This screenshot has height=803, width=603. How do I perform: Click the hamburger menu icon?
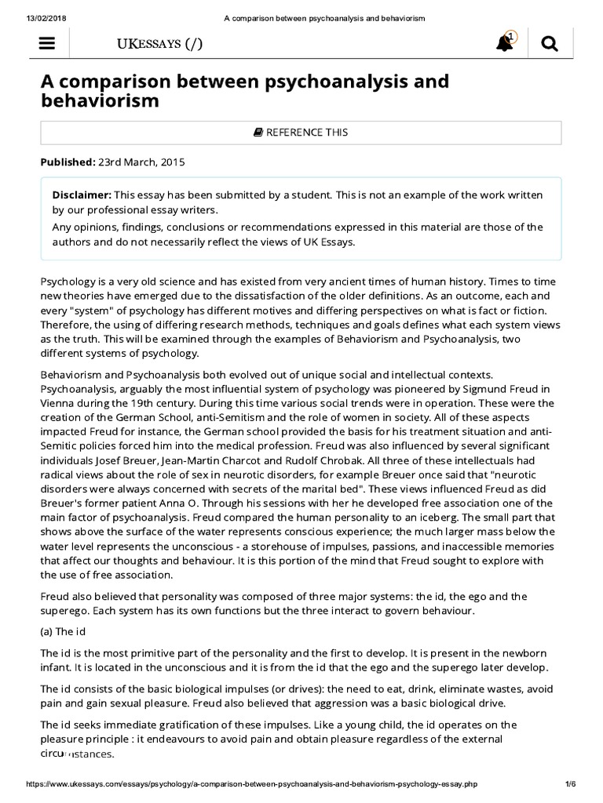pyautogui.click(x=46, y=45)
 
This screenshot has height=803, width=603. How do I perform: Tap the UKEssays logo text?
pyautogui.click(x=159, y=44)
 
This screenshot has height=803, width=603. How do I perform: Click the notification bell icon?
pyautogui.click(x=505, y=44)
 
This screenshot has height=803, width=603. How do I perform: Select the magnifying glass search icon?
pyautogui.click(x=550, y=45)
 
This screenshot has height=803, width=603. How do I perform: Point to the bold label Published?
pyautogui.click(x=68, y=162)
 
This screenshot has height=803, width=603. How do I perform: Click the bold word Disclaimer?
pyautogui.click(x=82, y=194)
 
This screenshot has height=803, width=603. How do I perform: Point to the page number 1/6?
pyautogui.click(x=571, y=784)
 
